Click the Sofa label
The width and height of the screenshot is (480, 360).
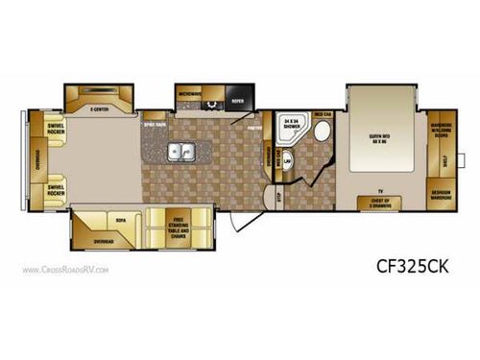pyautogui.click(x=121, y=220)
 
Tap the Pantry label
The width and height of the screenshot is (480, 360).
pyautogui.click(x=255, y=125)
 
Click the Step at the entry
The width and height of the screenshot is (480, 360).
pyautogui.click(x=279, y=199)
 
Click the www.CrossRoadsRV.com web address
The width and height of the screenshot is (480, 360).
pyautogui.click(x=65, y=271)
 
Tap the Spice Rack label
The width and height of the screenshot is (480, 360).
pyautogui.click(x=155, y=124)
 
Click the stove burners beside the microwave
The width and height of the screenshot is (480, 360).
pyautogui.click(x=212, y=98)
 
